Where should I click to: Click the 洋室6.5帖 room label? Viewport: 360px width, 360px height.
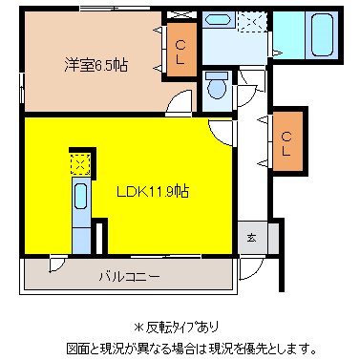96,65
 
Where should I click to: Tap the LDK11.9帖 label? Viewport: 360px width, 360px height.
152,190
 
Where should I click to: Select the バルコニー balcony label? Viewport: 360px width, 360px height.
128,277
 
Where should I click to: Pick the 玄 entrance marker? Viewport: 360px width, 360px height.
252,238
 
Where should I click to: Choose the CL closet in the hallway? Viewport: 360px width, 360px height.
286,141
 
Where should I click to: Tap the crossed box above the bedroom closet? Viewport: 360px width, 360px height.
179,16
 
